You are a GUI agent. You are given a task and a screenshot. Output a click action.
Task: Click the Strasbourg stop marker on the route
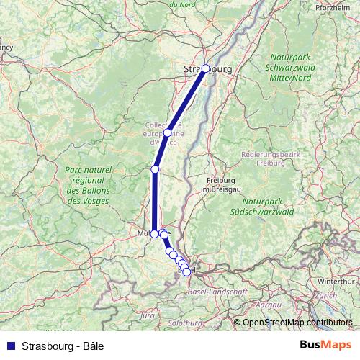tap(205, 68)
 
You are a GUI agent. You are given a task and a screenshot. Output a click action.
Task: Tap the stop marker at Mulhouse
tap(154, 234)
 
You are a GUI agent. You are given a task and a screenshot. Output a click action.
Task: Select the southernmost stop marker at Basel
tap(187, 271)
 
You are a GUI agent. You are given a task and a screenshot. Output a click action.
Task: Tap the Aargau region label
tap(269, 305)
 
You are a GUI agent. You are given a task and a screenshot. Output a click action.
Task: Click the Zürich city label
tap(326, 295)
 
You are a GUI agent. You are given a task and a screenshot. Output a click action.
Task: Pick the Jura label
tap(148, 315)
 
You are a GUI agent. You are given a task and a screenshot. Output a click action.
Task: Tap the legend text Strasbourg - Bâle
tap(63, 346)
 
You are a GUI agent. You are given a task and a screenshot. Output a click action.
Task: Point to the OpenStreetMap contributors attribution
tap(297, 323)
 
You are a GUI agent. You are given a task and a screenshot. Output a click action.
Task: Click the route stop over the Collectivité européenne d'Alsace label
tap(168, 132)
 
